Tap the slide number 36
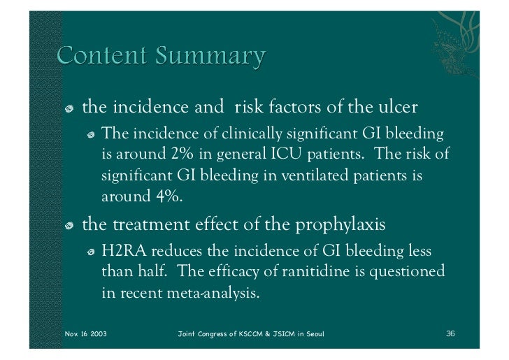450,333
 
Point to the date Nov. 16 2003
85,333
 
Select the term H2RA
125,251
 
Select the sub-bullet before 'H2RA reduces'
91,252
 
